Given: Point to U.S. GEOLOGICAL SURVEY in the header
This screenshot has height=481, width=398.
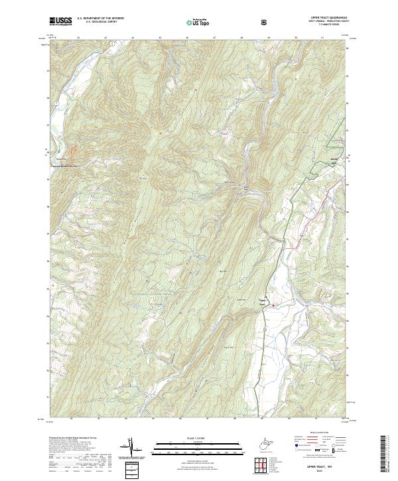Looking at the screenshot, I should (96, 23).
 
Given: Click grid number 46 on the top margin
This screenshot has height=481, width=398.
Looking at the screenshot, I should (188, 39).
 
